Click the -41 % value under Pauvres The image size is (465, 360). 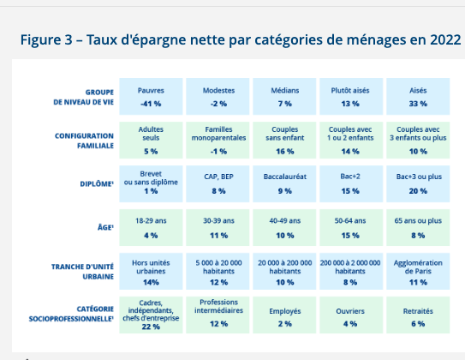[151, 104]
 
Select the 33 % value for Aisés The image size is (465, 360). [418, 104]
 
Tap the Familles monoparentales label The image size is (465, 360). [218, 134]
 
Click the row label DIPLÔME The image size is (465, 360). [97, 183]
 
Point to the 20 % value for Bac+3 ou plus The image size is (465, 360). [418, 191]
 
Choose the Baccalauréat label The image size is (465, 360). [285, 177]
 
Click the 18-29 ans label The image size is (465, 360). [151, 221]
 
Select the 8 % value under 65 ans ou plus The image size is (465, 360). [418, 236]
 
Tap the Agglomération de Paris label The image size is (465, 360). [418, 267]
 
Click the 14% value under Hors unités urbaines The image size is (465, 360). [151, 282]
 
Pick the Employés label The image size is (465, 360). [285, 311]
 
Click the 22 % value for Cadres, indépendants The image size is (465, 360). [151, 327]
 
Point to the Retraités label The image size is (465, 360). [418, 311]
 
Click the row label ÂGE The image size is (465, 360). [105, 227]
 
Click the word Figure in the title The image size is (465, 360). [40, 40]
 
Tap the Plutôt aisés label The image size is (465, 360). [350, 91]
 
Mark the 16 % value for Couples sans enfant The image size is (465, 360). [285, 152]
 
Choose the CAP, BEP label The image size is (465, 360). [218, 177]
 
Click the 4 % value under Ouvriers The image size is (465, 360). [350, 324]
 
